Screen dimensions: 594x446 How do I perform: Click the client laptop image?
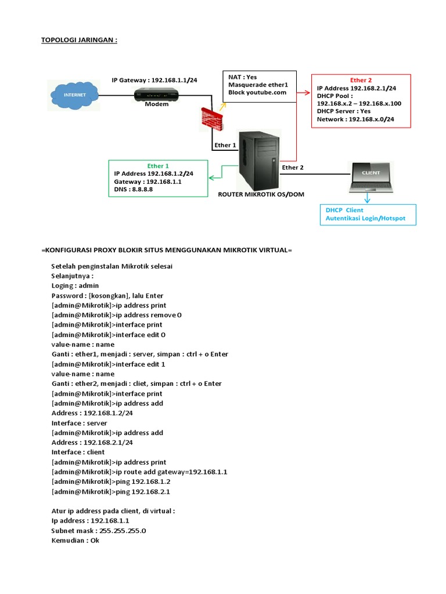point(371,178)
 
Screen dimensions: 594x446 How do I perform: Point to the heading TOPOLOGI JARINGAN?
point(80,40)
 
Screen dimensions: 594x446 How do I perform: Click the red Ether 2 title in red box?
point(361,80)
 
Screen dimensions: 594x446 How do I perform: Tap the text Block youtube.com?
point(257,92)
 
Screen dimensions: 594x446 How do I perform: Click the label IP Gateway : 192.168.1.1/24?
point(154,79)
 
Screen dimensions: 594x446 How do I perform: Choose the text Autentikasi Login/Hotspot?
point(365,219)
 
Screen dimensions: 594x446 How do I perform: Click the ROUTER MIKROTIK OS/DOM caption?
point(261,195)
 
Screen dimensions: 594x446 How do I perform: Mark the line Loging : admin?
point(75,285)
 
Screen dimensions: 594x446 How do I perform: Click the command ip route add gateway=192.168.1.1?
point(139,472)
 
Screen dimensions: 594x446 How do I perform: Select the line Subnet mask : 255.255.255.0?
point(98,531)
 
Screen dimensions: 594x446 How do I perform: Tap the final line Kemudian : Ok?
point(75,541)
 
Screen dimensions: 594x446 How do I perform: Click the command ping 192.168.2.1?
point(111,491)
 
